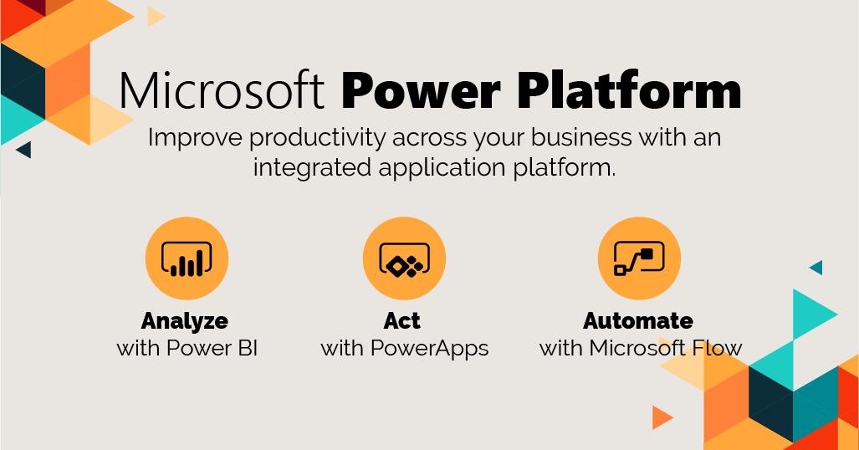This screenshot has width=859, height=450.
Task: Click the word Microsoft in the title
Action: pyautogui.click(x=222, y=89)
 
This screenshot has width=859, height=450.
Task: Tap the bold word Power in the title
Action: pyautogui.click(x=421, y=89)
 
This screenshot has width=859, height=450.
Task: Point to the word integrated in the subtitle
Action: pyautogui.click(x=312, y=167)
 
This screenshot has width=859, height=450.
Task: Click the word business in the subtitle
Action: pyautogui.click(x=580, y=137)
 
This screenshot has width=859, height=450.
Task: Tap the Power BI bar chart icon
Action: pyautogui.click(x=187, y=258)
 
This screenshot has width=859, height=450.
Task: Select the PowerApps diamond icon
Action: pyautogui.click(x=404, y=258)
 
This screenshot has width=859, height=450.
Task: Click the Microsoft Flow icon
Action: pyautogui.click(x=639, y=258)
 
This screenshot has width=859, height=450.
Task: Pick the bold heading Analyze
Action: pyautogui.click(x=185, y=320)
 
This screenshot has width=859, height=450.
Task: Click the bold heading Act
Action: pyautogui.click(x=402, y=320)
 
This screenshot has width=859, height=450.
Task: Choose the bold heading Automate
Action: pyautogui.click(x=638, y=320)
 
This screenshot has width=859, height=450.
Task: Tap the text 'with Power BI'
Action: pyautogui.click(x=187, y=348)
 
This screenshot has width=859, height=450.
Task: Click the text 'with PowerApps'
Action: pyautogui.click(x=405, y=349)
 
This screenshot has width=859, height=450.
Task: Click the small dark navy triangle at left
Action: pyautogui.click(x=25, y=149)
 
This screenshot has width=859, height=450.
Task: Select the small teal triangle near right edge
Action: pyautogui.click(x=817, y=268)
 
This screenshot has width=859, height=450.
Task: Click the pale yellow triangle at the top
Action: pyautogui.click(x=155, y=17)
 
